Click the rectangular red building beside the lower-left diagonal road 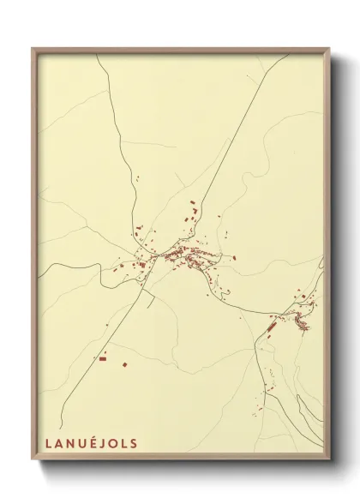[102, 359]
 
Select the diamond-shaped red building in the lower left [124, 365]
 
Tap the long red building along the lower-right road [272, 327]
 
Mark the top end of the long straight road [289, 55]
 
